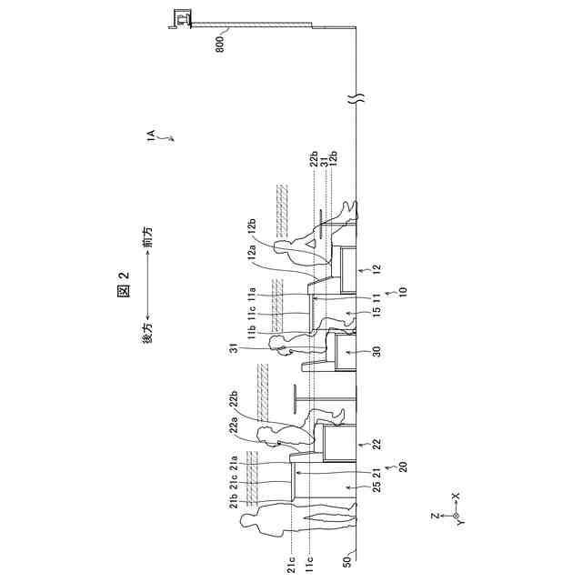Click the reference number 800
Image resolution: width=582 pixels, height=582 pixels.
[221, 43]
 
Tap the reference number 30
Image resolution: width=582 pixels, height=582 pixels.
[373, 352]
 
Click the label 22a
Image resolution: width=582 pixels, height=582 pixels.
[236, 426]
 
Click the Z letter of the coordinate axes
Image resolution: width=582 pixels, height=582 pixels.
[435, 516]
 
